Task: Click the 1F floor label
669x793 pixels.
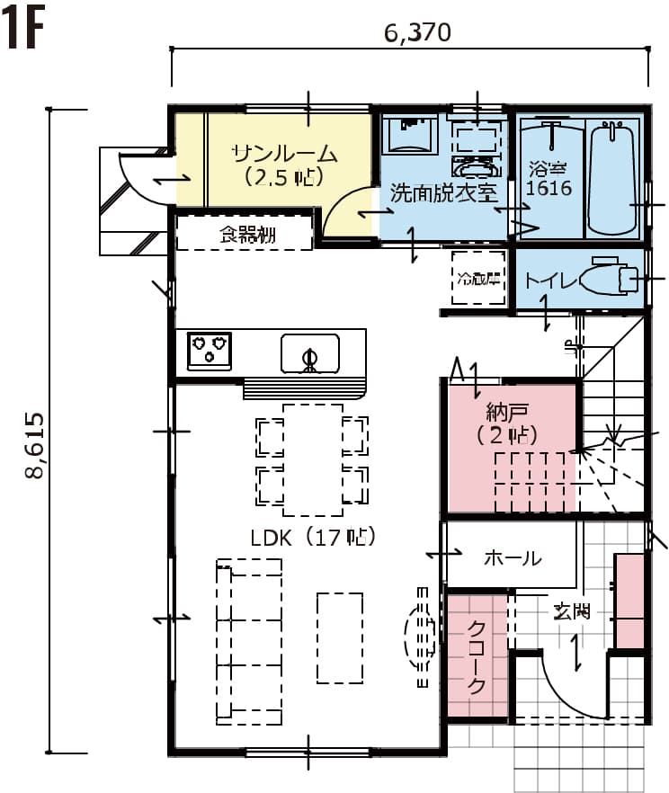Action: point(23,28)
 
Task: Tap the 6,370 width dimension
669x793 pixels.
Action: point(417,33)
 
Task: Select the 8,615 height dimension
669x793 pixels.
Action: point(35,446)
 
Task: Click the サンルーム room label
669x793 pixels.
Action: point(284,153)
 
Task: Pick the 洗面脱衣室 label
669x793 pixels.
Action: point(444,192)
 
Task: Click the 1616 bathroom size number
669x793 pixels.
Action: point(549,188)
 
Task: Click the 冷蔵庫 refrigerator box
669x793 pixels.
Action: point(478,278)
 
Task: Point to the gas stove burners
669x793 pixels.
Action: point(210,351)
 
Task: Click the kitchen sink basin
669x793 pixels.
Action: point(310,353)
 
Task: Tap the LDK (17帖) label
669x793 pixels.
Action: point(314,537)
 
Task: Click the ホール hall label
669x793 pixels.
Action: point(513,557)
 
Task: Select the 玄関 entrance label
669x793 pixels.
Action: point(571,611)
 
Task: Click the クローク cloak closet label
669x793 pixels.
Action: point(477,657)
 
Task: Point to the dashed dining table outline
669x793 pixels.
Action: point(313,460)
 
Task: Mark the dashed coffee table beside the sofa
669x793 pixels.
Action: point(340,638)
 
